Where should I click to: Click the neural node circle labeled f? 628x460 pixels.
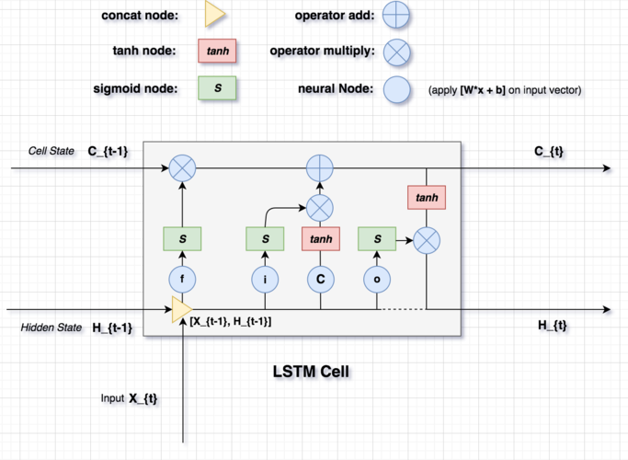click(183, 278)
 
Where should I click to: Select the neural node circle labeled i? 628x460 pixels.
click(265, 278)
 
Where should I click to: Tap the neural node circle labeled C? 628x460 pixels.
click(321, 278)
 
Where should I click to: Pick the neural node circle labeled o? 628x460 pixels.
click(377, 278)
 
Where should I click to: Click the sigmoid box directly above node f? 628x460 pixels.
click(183, 240)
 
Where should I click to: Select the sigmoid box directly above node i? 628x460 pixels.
click(265, 240)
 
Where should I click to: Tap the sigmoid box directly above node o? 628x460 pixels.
click(377, 240)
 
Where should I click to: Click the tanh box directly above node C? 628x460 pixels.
click(321, 240)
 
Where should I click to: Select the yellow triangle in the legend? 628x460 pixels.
click(214, 14)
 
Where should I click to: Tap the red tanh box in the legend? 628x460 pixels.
click(217, 52)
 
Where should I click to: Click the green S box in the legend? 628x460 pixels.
click(217, 88)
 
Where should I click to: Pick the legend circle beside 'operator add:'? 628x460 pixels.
click(396, 15)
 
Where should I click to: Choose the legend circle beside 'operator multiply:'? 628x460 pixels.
click(396, 52)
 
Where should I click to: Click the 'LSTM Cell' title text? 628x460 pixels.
click(314, 373)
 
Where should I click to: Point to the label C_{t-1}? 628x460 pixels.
click(108, 150)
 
